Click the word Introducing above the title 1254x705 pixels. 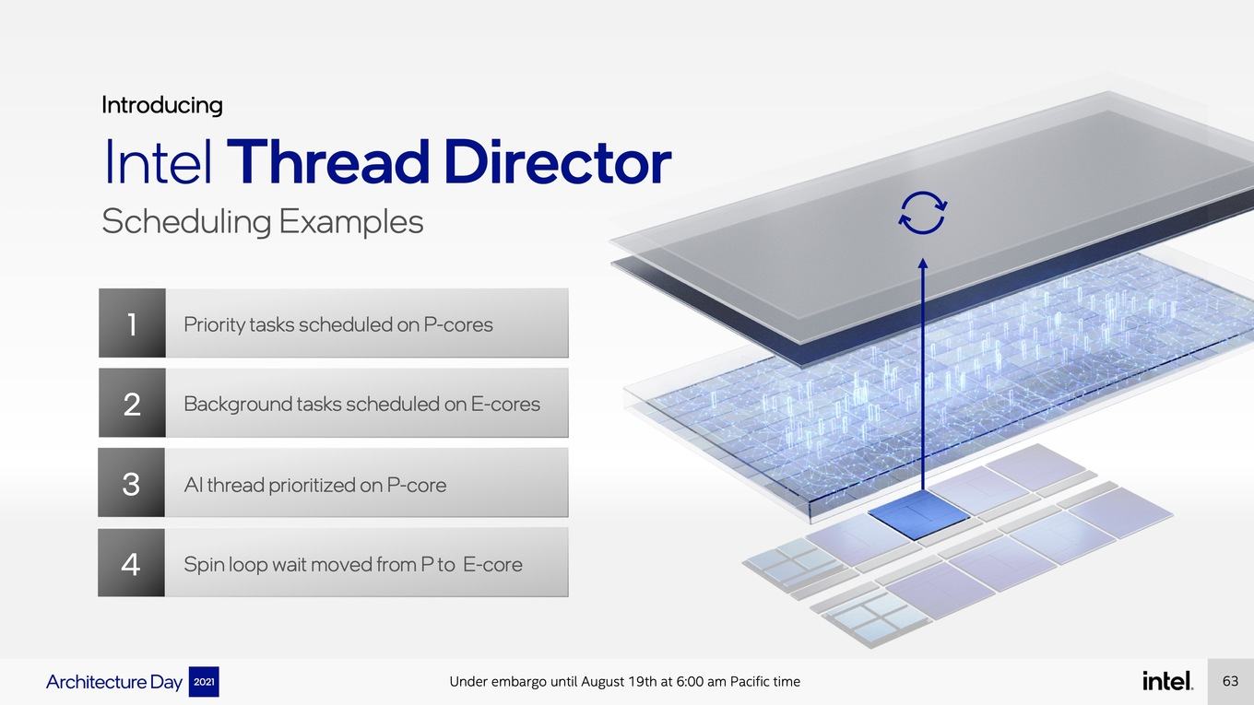coord(161,105)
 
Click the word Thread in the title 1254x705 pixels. coord(328,161)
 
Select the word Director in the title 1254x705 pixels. coord(558,161)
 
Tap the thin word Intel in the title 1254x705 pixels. coord(159,161)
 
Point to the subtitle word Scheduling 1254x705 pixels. coord(186,222)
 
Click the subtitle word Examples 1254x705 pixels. coord(351,221)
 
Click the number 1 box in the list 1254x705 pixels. coord(132,323)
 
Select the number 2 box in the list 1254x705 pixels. coord(132,403)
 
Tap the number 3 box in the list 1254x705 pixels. coord(132,483)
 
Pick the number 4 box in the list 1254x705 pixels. coord(132,563)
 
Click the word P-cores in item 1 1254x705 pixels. coord(458,324)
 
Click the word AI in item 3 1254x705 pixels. coord(193,485)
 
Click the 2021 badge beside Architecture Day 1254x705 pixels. coord(204,682)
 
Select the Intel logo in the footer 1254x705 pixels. coord(1167,680)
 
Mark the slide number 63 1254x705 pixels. coord(1230,681)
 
